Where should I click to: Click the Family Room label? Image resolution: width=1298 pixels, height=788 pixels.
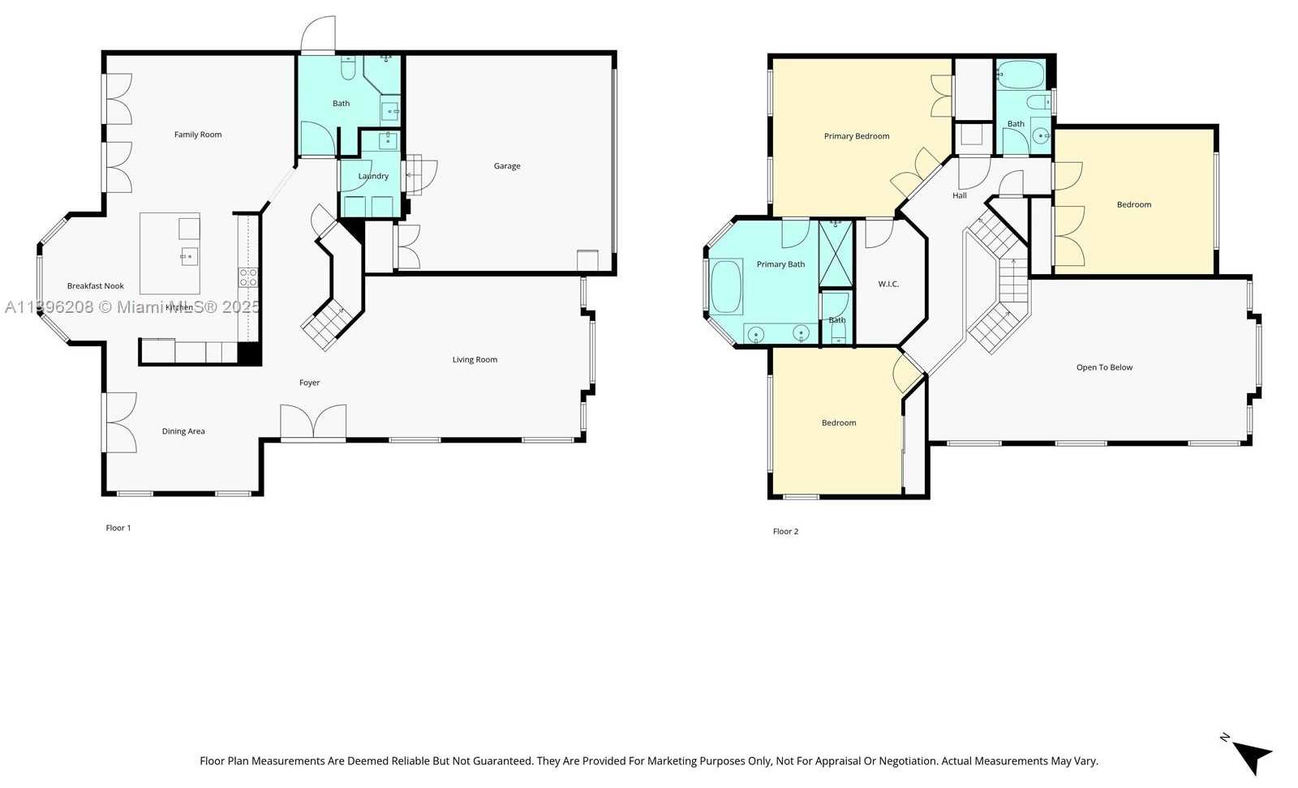198,135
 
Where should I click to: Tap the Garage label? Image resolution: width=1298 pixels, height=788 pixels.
507,166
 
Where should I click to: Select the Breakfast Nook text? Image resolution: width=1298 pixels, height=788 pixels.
96,286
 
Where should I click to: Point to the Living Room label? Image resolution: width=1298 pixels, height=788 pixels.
475,360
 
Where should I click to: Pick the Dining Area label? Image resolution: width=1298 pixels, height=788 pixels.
183,431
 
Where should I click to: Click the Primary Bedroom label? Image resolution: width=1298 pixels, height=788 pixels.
857,136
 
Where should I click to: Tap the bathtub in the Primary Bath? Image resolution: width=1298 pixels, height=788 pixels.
726,286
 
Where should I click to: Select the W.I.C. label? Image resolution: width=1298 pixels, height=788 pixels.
888,284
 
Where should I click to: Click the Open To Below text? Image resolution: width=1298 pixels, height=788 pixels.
1104,367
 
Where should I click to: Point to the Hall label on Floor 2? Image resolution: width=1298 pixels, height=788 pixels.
960,195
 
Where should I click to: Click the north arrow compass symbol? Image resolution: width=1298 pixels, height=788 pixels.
1251,756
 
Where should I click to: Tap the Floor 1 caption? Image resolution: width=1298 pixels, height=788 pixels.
118,528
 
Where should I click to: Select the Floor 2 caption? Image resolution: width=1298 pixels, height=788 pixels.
785,532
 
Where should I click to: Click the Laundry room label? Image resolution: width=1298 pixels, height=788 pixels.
373,176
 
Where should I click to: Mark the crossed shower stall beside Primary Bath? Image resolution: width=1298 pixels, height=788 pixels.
836,253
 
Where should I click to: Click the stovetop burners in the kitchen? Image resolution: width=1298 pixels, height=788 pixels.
248,277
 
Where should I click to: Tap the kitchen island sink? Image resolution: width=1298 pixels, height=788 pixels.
189,257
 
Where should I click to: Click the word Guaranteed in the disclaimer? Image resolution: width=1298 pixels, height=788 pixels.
501,761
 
